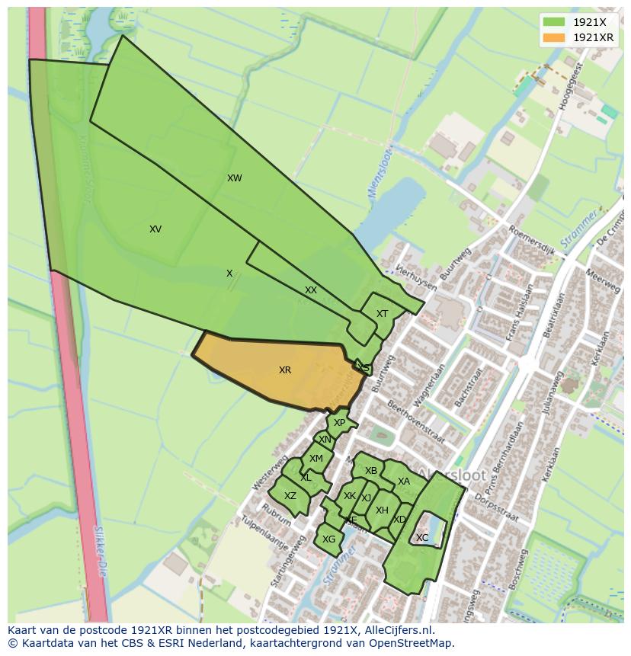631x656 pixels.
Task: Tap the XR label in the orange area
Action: click(285, 370)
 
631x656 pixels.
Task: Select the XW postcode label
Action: click(235, 178)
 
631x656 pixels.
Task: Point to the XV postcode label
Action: click(155, 229)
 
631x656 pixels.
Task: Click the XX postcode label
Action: click(311, 290)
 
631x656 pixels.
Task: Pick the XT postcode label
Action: click(383, 314)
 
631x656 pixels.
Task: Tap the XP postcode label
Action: click(340, 423)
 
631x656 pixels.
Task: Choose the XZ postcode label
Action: click(290, 496)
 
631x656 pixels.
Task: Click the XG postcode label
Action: click(329, 539)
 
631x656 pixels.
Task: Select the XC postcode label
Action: click(422, 538)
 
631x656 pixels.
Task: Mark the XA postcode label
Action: click(404, 482)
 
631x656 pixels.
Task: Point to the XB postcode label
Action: click(371, 471)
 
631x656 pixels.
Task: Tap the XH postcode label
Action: click(382, 510)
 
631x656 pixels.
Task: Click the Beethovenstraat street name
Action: click(416, 415)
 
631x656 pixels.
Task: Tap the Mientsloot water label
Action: click(375, 178)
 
